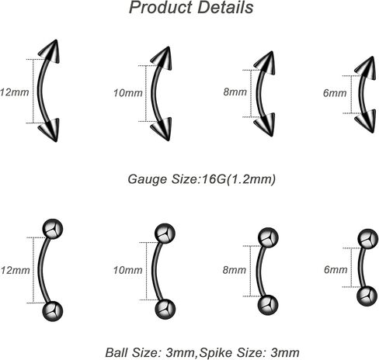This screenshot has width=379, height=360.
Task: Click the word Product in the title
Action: tap(161, 8)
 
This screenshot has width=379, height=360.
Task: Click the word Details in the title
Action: tap(225, 8)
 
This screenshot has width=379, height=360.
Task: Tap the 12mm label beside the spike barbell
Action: tap(15, 92)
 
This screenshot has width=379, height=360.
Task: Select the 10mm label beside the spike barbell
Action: tap(128, 93)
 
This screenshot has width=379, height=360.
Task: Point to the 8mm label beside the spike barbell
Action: tap(235, 92)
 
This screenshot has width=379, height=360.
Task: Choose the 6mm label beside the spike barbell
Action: tap(335, 93)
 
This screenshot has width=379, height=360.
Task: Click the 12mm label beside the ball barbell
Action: tap(15, 271)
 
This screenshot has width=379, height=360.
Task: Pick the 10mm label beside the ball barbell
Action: tap(128, 270)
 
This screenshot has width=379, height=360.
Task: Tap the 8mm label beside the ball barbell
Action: tap(235, 270)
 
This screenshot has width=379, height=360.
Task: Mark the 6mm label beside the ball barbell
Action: tap(336, 270)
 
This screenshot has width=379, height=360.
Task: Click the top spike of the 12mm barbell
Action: tap(50, 52)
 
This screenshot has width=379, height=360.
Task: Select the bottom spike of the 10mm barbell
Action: tap(162, 129)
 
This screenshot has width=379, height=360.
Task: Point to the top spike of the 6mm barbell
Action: tap(366, 68)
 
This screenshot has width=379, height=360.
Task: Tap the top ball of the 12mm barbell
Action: tap(53, 229)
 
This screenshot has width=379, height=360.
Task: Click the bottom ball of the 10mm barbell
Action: tap(165, 310)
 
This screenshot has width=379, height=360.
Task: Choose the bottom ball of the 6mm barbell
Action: tap(367, 296)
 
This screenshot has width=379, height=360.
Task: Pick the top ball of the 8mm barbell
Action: tap(268, 238)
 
